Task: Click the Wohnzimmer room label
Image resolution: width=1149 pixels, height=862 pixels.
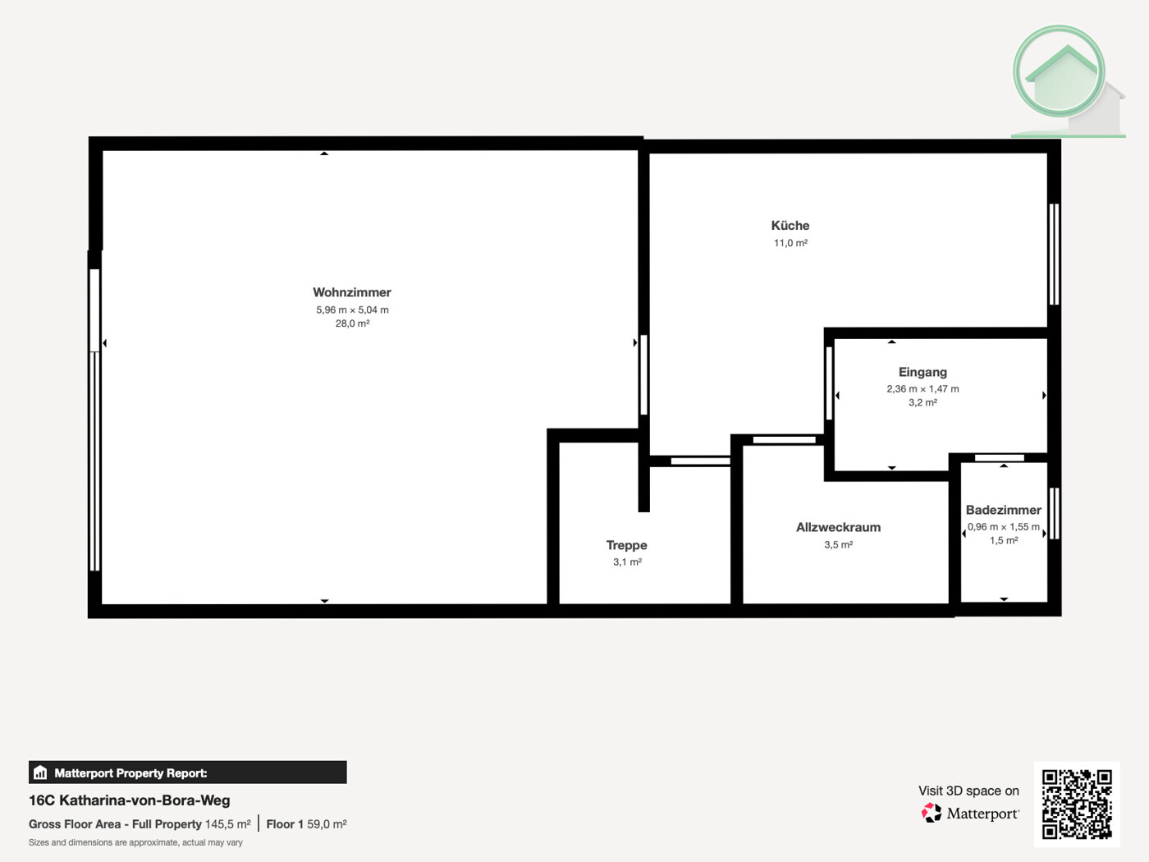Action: point(351,292)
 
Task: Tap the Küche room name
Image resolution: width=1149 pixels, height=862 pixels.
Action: point(790,225)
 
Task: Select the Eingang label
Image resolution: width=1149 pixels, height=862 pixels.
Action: point(922,372)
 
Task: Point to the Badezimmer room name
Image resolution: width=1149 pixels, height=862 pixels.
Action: point(1003,510)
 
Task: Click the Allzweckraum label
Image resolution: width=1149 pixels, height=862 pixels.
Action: point(838,527)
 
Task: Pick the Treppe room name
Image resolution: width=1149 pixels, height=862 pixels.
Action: point(626,545)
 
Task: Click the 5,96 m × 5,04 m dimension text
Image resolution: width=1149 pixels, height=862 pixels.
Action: point(352,309)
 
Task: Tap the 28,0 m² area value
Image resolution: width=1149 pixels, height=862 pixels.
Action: point(352,323)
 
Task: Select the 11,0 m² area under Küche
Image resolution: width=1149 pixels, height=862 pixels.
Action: point(790,243)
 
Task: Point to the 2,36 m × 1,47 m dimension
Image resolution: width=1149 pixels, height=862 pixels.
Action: point(922,389)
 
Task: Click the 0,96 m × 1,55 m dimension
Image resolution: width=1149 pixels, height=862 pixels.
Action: point(1003,527)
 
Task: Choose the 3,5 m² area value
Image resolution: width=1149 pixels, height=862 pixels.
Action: point(838,544)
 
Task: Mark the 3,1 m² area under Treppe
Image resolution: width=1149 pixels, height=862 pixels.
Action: point(627,562)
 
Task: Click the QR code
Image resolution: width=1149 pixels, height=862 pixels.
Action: point(1077,804)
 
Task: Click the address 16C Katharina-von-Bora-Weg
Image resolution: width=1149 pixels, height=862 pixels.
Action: point(130,800)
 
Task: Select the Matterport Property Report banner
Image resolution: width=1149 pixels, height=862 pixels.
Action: point(187,773)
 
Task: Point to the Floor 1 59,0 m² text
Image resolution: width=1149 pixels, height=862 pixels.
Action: point(306,824)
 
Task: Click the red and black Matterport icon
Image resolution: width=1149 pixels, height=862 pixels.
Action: point(931,813)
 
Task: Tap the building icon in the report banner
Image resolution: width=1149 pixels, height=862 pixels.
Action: point(40,773)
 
